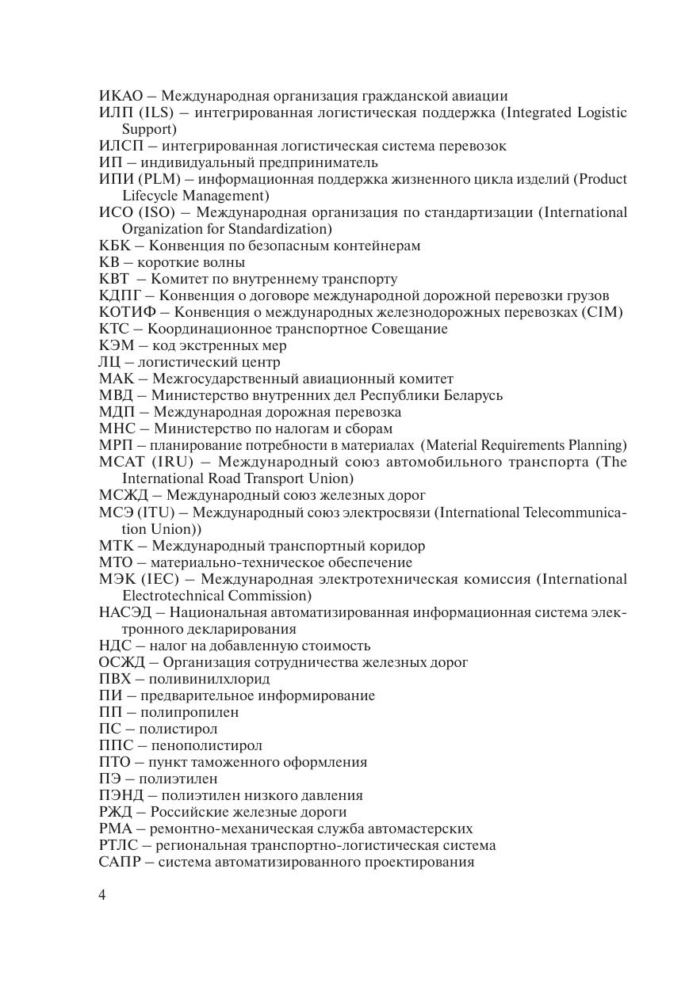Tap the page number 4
[102, 895]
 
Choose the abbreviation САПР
[118, 862]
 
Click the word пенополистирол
[205, 745]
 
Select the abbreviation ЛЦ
[109, 362]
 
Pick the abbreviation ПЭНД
[120, 795]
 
